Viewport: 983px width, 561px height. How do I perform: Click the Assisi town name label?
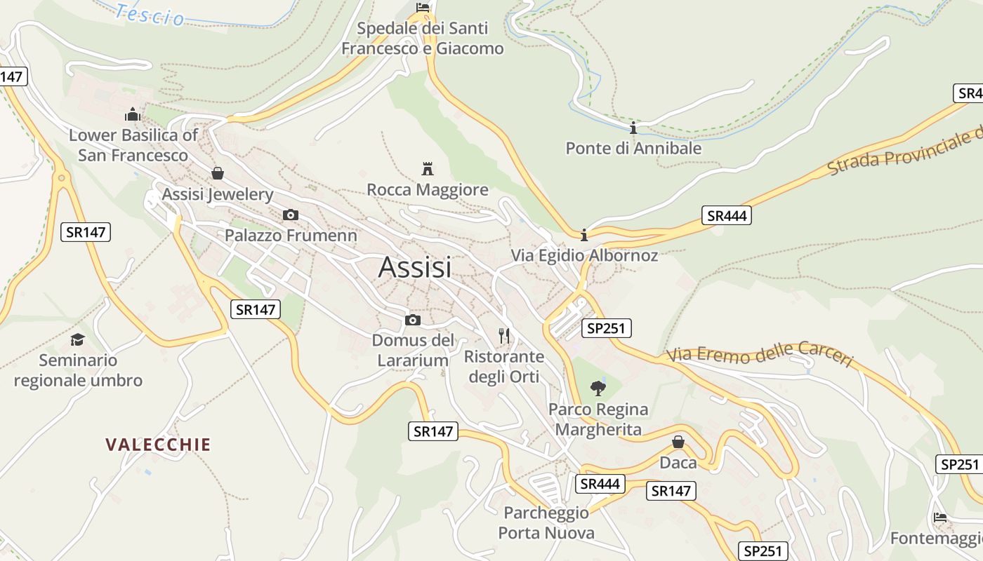click(x=414, y=267)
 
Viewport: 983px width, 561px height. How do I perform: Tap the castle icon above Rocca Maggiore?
click(x=428, y=168)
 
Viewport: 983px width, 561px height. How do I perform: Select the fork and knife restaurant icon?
click(x=504, y=335)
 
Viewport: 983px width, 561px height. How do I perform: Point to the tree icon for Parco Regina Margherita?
click(x=598, y=387)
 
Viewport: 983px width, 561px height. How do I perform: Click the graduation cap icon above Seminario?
click(x=77, y=340)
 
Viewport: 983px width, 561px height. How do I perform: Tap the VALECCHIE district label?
click(x=158, y=445)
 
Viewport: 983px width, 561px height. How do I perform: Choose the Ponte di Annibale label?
click(x=633, y=149)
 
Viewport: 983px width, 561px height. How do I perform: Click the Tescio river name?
click(x=150, y=14)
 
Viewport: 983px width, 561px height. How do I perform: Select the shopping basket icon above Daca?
click(x=678, y=442)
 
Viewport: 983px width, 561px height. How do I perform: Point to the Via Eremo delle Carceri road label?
click(x=760, y=354)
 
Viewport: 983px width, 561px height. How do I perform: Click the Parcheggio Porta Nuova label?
click(x=546, y=523)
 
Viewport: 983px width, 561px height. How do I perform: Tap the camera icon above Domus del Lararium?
click(x=413, y=320)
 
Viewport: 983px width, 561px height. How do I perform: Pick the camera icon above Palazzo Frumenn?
click(x=290, y=215)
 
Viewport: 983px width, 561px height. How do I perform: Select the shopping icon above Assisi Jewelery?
click(x=218, y=173)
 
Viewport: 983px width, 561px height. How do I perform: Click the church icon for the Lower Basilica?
click(x=133, y=114)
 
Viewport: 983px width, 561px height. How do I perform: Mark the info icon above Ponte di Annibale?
click(x=633, y=128)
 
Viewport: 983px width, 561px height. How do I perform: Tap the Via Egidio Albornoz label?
click(x=585, y=255)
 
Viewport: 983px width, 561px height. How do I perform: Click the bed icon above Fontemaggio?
click(x=940, y=518)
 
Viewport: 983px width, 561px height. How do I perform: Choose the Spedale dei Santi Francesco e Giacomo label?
click(x=423, y=39)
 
